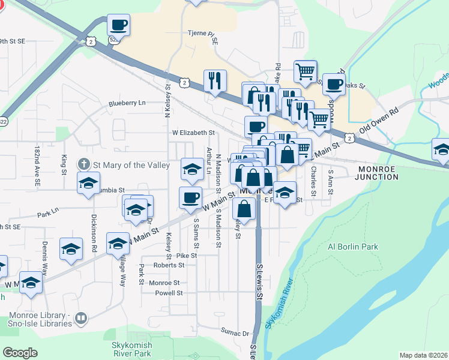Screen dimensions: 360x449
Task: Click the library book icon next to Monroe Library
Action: (x=82, y=319)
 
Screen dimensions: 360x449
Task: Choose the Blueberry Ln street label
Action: (x=127, y=103)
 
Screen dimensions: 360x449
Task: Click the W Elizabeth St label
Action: (x=193, y=132)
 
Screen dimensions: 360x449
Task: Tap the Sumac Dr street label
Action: (x=235, y=332)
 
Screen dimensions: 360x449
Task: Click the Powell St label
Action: (x=169, y=293)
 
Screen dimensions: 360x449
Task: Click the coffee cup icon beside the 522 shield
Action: (x=118, y=25)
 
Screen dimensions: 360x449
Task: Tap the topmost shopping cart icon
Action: (x=306, y=71)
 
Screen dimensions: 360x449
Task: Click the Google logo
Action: (x=20, y=353)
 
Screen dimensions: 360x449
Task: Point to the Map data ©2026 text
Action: (x=423, y=355)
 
